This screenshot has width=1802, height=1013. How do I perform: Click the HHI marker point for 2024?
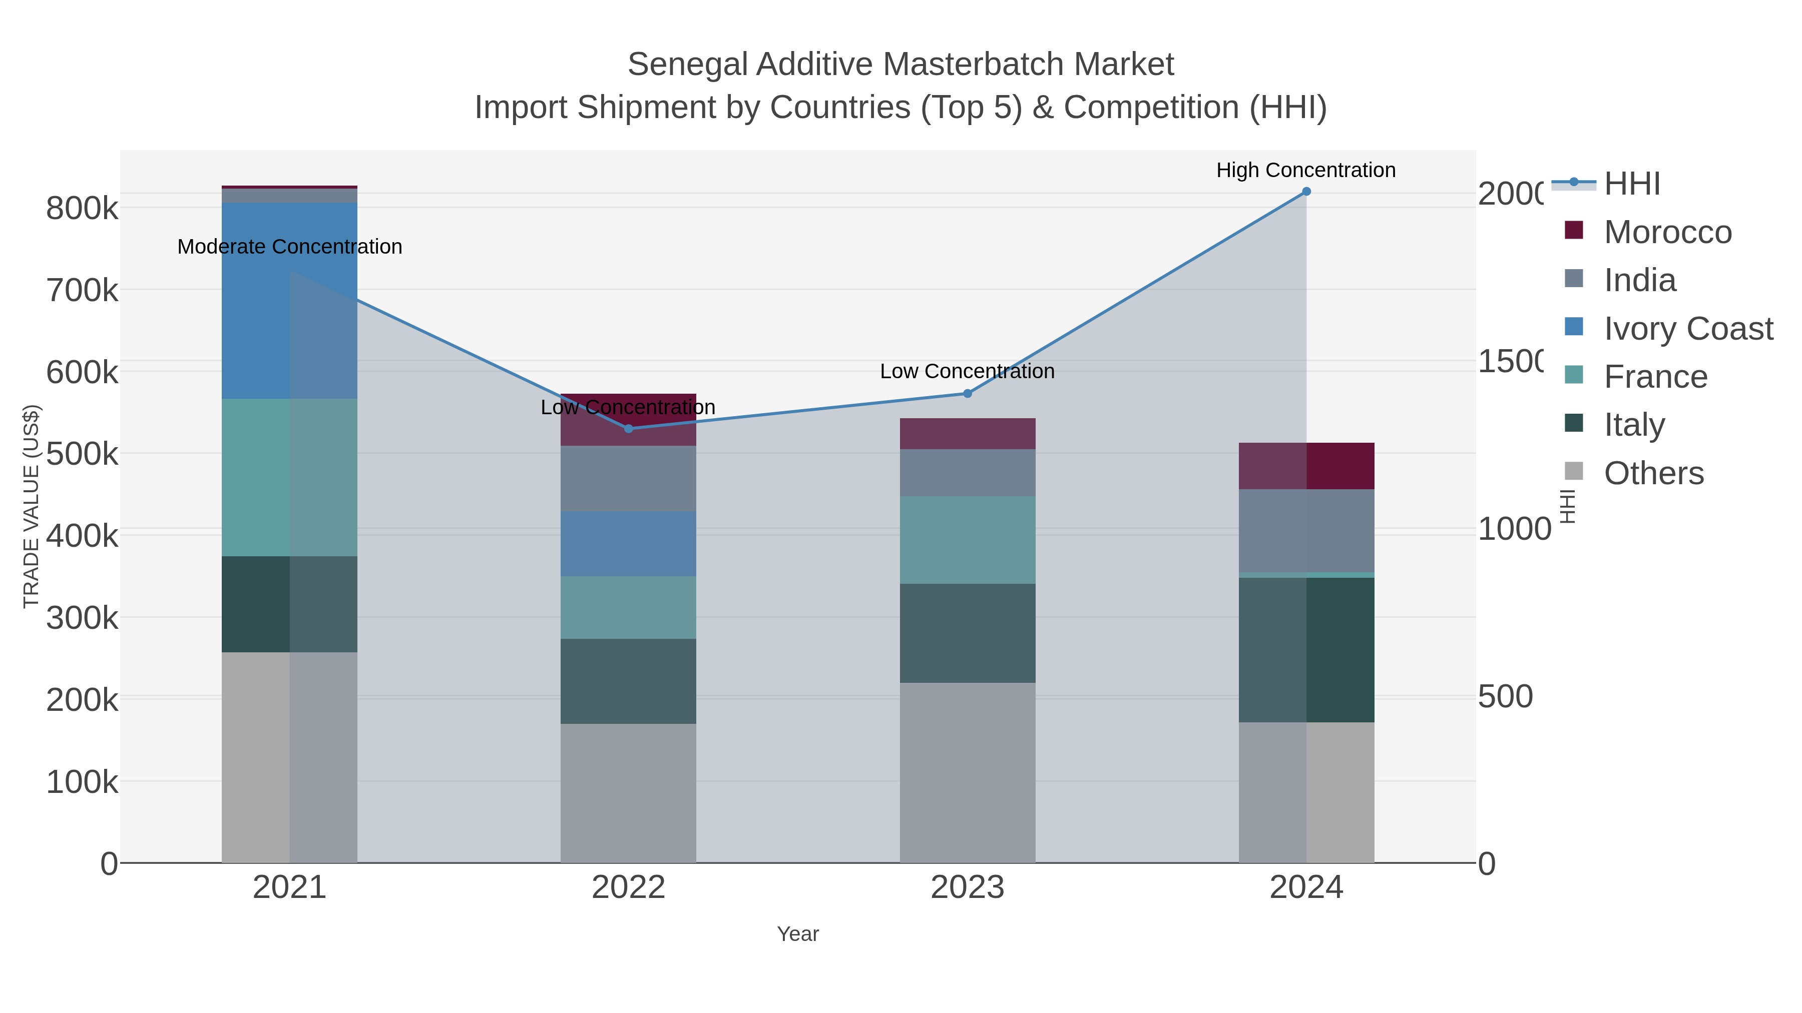tap(1306, 192)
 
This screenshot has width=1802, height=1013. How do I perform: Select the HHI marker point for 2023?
tap(968, 394)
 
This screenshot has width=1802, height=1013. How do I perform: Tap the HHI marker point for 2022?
tap(628, 429)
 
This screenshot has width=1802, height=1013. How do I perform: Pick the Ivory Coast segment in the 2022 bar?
tap(628, 544)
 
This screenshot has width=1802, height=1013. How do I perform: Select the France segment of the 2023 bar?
tap(968, 540)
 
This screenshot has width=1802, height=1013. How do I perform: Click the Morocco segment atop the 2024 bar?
tap(1306, 466)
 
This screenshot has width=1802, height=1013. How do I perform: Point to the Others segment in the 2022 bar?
tap(628, 793)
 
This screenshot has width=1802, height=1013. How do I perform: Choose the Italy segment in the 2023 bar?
tap(968, 633)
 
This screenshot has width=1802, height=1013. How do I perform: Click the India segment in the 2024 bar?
tap(1306, 531)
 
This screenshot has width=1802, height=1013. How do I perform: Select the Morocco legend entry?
tap(1668, 232)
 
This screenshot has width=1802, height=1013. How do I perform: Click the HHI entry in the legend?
tap(1632, 184)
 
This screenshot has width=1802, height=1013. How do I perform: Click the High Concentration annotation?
tap(1305, 171)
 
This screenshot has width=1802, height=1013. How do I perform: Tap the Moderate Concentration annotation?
tap(290, 247)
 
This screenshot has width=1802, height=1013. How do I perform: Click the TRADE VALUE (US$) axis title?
tap(32, 506)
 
